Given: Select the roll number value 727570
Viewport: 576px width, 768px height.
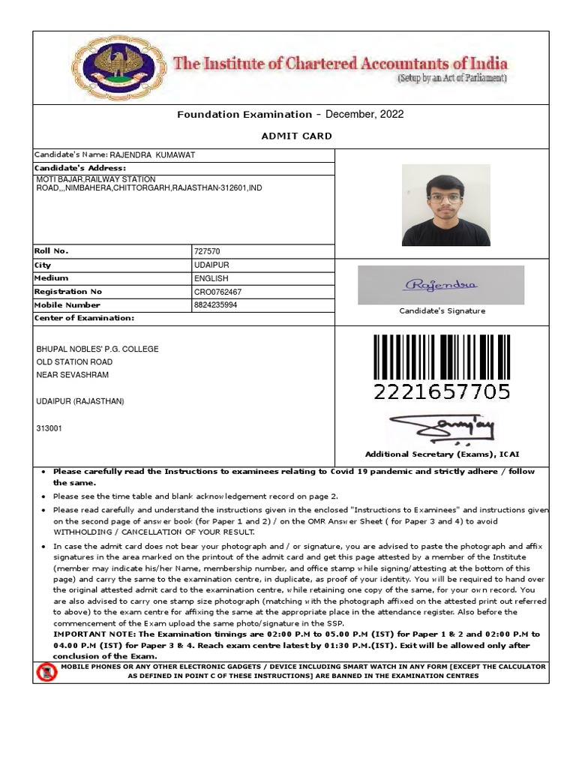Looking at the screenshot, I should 207,252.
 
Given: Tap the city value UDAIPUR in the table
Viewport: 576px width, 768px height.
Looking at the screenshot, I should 211,265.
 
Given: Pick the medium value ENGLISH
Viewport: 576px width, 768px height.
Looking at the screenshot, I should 211,278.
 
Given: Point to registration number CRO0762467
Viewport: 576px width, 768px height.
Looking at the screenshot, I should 218,292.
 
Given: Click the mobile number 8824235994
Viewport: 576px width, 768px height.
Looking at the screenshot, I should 215,305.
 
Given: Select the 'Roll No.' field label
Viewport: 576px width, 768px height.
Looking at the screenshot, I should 51,251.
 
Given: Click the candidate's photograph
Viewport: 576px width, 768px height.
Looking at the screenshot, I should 445,205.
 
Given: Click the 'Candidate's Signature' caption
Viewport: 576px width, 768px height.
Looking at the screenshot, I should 442,310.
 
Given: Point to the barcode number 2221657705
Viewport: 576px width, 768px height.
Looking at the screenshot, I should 442,391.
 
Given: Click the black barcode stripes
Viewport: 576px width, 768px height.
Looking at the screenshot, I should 442,357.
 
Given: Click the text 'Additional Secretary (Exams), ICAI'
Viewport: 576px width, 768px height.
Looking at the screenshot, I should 442,454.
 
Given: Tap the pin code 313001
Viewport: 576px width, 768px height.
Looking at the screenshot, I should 49,428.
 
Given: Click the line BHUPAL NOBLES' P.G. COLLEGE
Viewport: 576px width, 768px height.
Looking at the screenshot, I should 97,349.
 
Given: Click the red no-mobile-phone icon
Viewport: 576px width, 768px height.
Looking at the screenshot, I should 46,672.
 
